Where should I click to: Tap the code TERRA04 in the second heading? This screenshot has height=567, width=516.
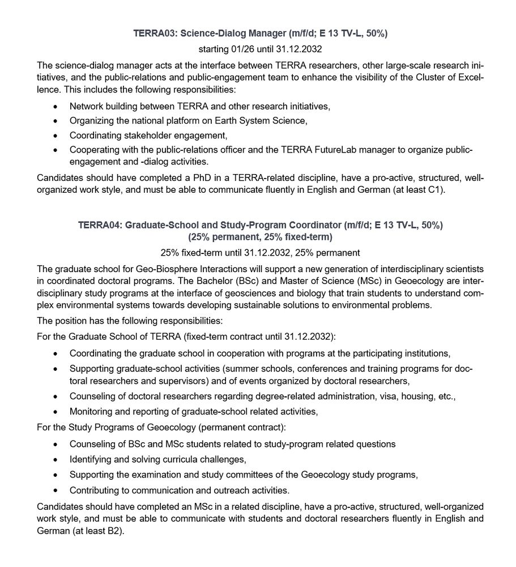[99, 225]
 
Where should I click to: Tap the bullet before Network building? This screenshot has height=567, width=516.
[55, 107]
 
